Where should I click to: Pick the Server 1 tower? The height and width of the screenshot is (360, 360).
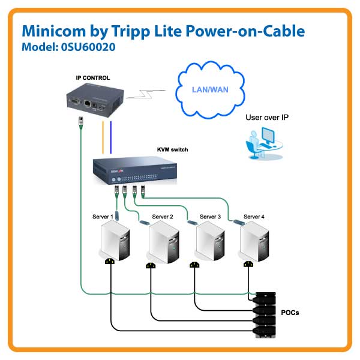coord(113,240)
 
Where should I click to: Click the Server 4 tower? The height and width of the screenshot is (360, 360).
coord(256,240)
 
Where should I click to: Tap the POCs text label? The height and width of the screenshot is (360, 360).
coord(290,313)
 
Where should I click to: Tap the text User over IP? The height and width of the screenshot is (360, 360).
coord(266,118)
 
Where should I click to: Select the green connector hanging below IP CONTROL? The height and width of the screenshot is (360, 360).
coord(80,122)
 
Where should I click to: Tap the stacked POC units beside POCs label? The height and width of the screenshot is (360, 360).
coord(262,314)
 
